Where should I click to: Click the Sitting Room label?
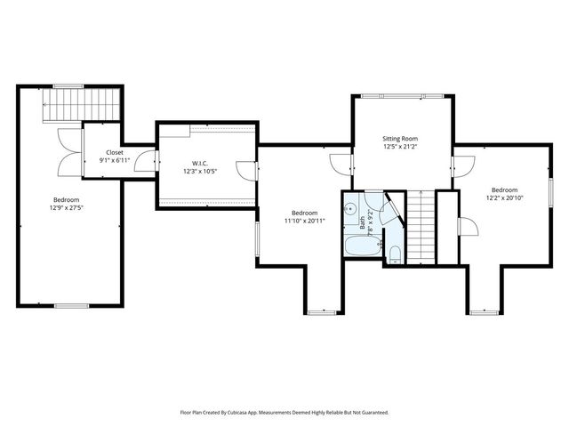coord(400,139)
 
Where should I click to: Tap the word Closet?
coord(115,152)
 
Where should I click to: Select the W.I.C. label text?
coord(199,164)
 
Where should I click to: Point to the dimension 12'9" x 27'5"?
coord(67,208)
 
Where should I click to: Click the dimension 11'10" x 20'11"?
coord(304,221)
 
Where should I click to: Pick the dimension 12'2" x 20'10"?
coord(504,197)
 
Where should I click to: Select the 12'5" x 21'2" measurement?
coord(400,147)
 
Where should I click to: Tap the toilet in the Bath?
coord(394,255)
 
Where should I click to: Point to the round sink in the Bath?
coord(350,208)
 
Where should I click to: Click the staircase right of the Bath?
coord(421,228)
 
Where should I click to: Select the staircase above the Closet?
coord(81,105)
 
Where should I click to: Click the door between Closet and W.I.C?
coord(147,161)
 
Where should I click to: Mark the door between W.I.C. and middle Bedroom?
coord(247,171)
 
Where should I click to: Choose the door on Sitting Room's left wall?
coord(341,165)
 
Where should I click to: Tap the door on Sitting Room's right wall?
coord(463,166)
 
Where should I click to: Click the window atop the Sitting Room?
coord(402,96)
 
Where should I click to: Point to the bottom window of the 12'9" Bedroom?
coord(71,306)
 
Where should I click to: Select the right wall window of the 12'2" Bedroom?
coord(550,192)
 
